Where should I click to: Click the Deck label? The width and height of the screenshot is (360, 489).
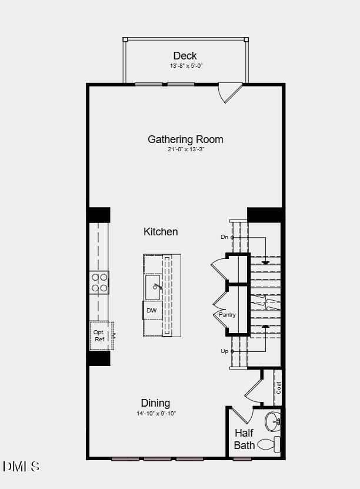[185, 56]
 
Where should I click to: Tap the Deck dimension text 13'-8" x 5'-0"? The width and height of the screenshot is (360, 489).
[186, 66]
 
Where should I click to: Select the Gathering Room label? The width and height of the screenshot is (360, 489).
[185, 139]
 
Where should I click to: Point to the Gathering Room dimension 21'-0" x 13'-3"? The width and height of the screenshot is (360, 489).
[185, 149]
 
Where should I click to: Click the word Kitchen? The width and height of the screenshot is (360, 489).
[161, 232]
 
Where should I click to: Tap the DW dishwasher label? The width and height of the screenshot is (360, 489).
[152, 310]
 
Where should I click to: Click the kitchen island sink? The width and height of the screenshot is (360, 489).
[153, 287]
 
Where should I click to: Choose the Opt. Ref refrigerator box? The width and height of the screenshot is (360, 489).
[100, 335]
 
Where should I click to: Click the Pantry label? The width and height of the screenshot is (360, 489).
[227, 315]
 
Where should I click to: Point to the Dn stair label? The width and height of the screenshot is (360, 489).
[224, 237]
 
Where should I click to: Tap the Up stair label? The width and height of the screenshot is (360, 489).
[224, 351]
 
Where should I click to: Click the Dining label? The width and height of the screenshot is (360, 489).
[155, 403]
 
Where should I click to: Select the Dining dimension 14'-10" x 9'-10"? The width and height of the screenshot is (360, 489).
[156, 413]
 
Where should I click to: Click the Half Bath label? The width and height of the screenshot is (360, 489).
[244, 439]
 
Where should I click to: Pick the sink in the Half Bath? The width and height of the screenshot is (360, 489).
[273, 421]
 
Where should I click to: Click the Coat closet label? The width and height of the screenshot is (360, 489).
[279, 387]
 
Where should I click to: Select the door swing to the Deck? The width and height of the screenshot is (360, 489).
[229, 92]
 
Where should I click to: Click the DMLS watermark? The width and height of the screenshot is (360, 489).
[21, 467]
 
